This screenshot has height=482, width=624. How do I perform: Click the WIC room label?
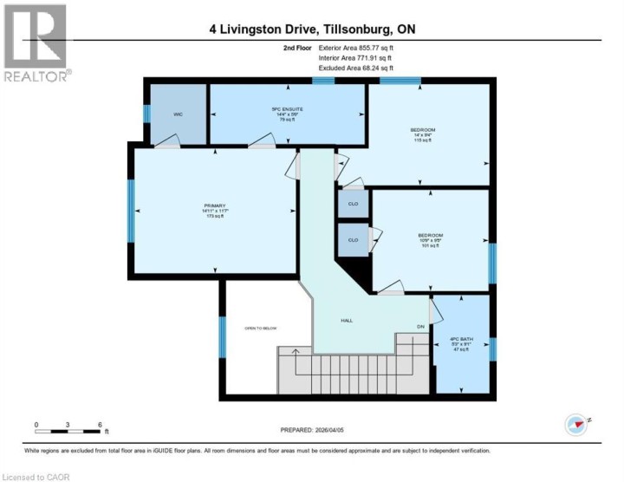pyautogui.click(x=177, y=114)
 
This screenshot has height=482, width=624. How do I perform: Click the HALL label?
pyautogui.click(x=346, y=320)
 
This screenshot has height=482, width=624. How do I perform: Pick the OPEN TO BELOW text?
pyautogui.click(x=262, y=328)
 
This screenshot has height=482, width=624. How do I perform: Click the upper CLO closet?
pyautogui.click(x=353, y=205)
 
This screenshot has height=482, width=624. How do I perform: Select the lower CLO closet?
pyautogui.click(x=353, y=240)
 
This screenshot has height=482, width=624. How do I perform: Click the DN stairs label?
pyautogui.click(x=420, y=326)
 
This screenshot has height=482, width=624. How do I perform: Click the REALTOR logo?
pyautogui.click(x=36, y=43)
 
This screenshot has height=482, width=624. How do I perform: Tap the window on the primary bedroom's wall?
pyautogui.click(x=131, y=209)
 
